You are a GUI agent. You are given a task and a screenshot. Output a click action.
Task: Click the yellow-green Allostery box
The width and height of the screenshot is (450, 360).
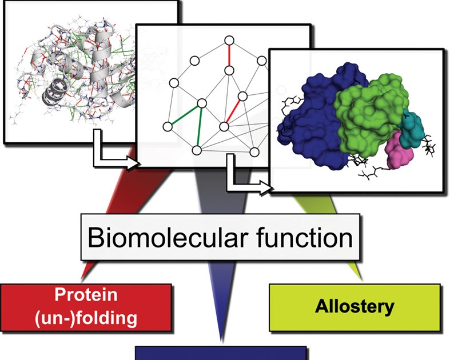355,306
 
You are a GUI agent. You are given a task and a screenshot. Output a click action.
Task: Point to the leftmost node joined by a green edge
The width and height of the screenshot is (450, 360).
168,126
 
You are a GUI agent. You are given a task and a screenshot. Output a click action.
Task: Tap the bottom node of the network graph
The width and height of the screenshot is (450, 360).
196,151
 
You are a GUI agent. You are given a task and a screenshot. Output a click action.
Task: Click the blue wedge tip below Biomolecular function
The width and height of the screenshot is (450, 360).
220,326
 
